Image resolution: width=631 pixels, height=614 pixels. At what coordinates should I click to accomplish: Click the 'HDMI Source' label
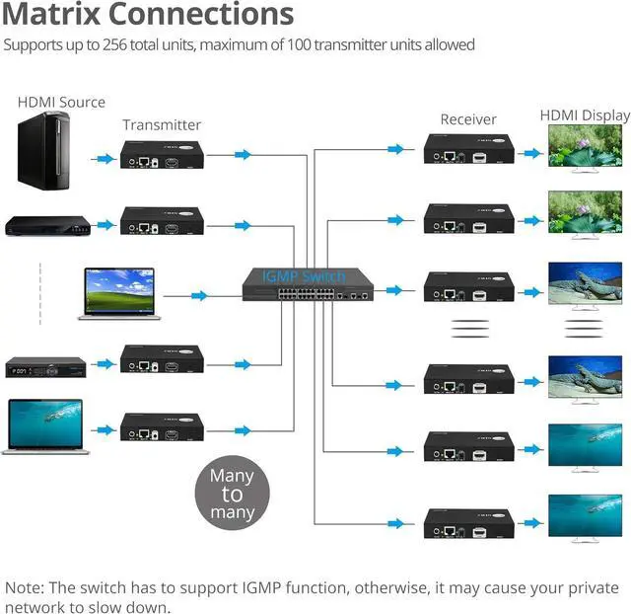click(61, 102)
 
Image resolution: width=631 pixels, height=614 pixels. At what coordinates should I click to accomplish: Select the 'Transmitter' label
click(162, 124)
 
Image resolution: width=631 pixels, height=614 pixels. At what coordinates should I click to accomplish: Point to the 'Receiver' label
click(468, 119)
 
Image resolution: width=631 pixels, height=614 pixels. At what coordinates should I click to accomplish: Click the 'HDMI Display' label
click(585, 115)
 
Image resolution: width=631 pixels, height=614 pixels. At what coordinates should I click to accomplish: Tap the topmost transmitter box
click(162, 155)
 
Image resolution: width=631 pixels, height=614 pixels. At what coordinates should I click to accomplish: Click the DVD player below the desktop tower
click(46, 226)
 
